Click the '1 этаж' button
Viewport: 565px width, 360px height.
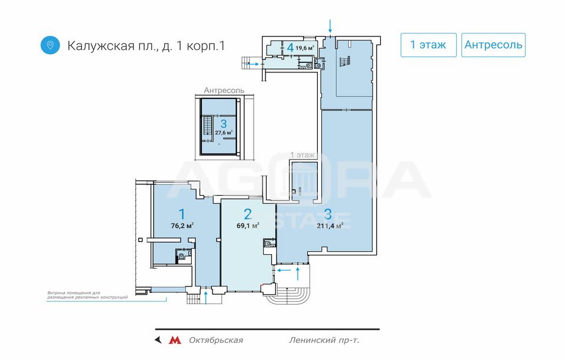click(428, 45)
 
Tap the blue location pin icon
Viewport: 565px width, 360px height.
click(50, 45)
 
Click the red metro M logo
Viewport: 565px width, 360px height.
click(175, 340)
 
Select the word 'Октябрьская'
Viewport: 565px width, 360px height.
click(216, 340)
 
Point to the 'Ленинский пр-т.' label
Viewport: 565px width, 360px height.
click(324, 340)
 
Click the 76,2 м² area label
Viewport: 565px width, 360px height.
click(182, 226)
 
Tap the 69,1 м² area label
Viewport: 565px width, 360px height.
click(248, 226)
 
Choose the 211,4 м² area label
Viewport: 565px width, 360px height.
click(330, 226)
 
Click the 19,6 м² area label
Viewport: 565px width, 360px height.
click(305, 48)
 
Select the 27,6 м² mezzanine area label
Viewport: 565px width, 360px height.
click(224, 132)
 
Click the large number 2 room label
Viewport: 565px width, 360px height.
click(248, 215)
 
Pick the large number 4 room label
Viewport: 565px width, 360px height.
click(290, 48)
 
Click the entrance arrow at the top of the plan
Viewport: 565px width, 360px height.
click(330, 26)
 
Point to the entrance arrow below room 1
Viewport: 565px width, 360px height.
click(205, 298)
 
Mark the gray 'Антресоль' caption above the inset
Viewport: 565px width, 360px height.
click(224, 91)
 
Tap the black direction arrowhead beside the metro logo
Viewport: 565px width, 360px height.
click(158, 340)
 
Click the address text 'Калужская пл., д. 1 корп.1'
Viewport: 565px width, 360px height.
click(147, 46)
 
